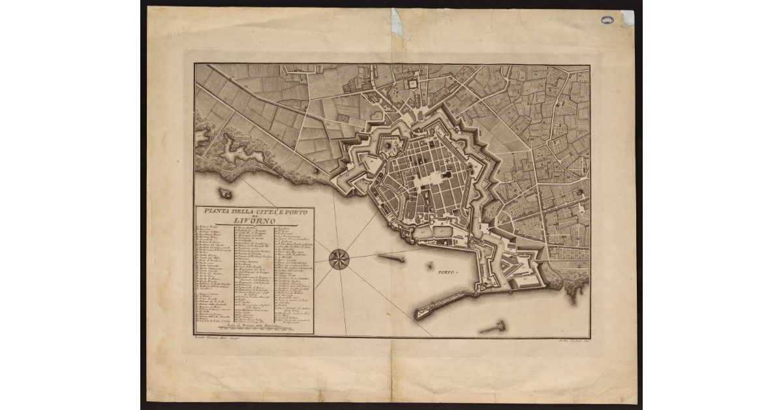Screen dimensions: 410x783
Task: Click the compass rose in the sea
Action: [x=339, y=259]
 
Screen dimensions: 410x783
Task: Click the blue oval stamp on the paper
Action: [x=607, y=20]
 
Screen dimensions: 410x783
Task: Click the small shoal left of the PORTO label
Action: [x=430, y=266]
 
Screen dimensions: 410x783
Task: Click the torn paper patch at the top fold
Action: [x=397, y=23]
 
